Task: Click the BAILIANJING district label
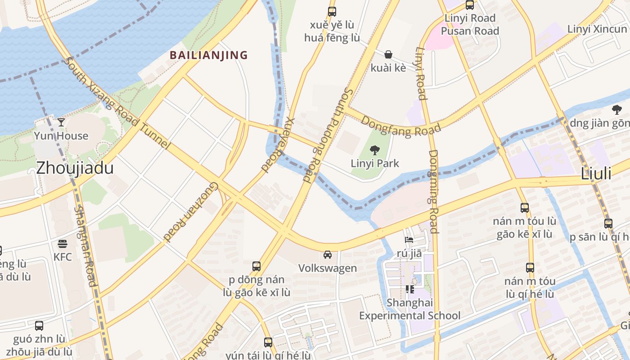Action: click(x=208, y=55)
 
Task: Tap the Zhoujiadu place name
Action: click(x=75, y=168)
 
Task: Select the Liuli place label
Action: click(x=596, y=174)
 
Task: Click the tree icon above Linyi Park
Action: click(x=374, y=150)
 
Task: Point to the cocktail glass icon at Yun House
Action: click(x=61, y=122)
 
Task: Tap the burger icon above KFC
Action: click(x=63, y=244)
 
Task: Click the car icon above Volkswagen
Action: click(x=328, y=255)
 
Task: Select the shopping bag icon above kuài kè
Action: click(x=388, y=55)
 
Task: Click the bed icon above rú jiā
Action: click(x=409, y=240)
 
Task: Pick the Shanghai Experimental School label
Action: click(x=409, y=309)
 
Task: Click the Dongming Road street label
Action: click(x=433, y=191)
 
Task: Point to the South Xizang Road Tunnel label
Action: click(x=117, y=103)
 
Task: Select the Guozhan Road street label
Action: click(x=191, y=211)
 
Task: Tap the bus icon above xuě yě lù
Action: click(x=332, y=12)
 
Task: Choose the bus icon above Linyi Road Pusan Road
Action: click(x=470, y=5)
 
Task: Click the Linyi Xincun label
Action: click(x=597, y=29)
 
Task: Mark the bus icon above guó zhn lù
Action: click(x=39, y=325)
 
